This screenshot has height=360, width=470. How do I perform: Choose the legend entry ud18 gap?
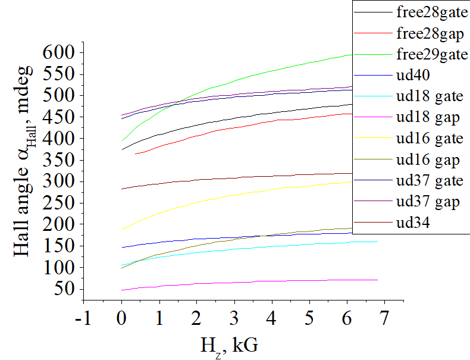427,117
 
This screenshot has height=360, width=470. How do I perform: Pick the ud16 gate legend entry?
429,139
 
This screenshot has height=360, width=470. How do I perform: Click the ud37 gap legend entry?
427,202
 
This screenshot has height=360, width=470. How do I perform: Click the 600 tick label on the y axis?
59,53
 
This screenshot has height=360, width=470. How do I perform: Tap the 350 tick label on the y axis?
59,161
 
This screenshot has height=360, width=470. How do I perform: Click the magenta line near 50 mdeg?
238,281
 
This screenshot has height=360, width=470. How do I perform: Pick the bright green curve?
238,79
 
